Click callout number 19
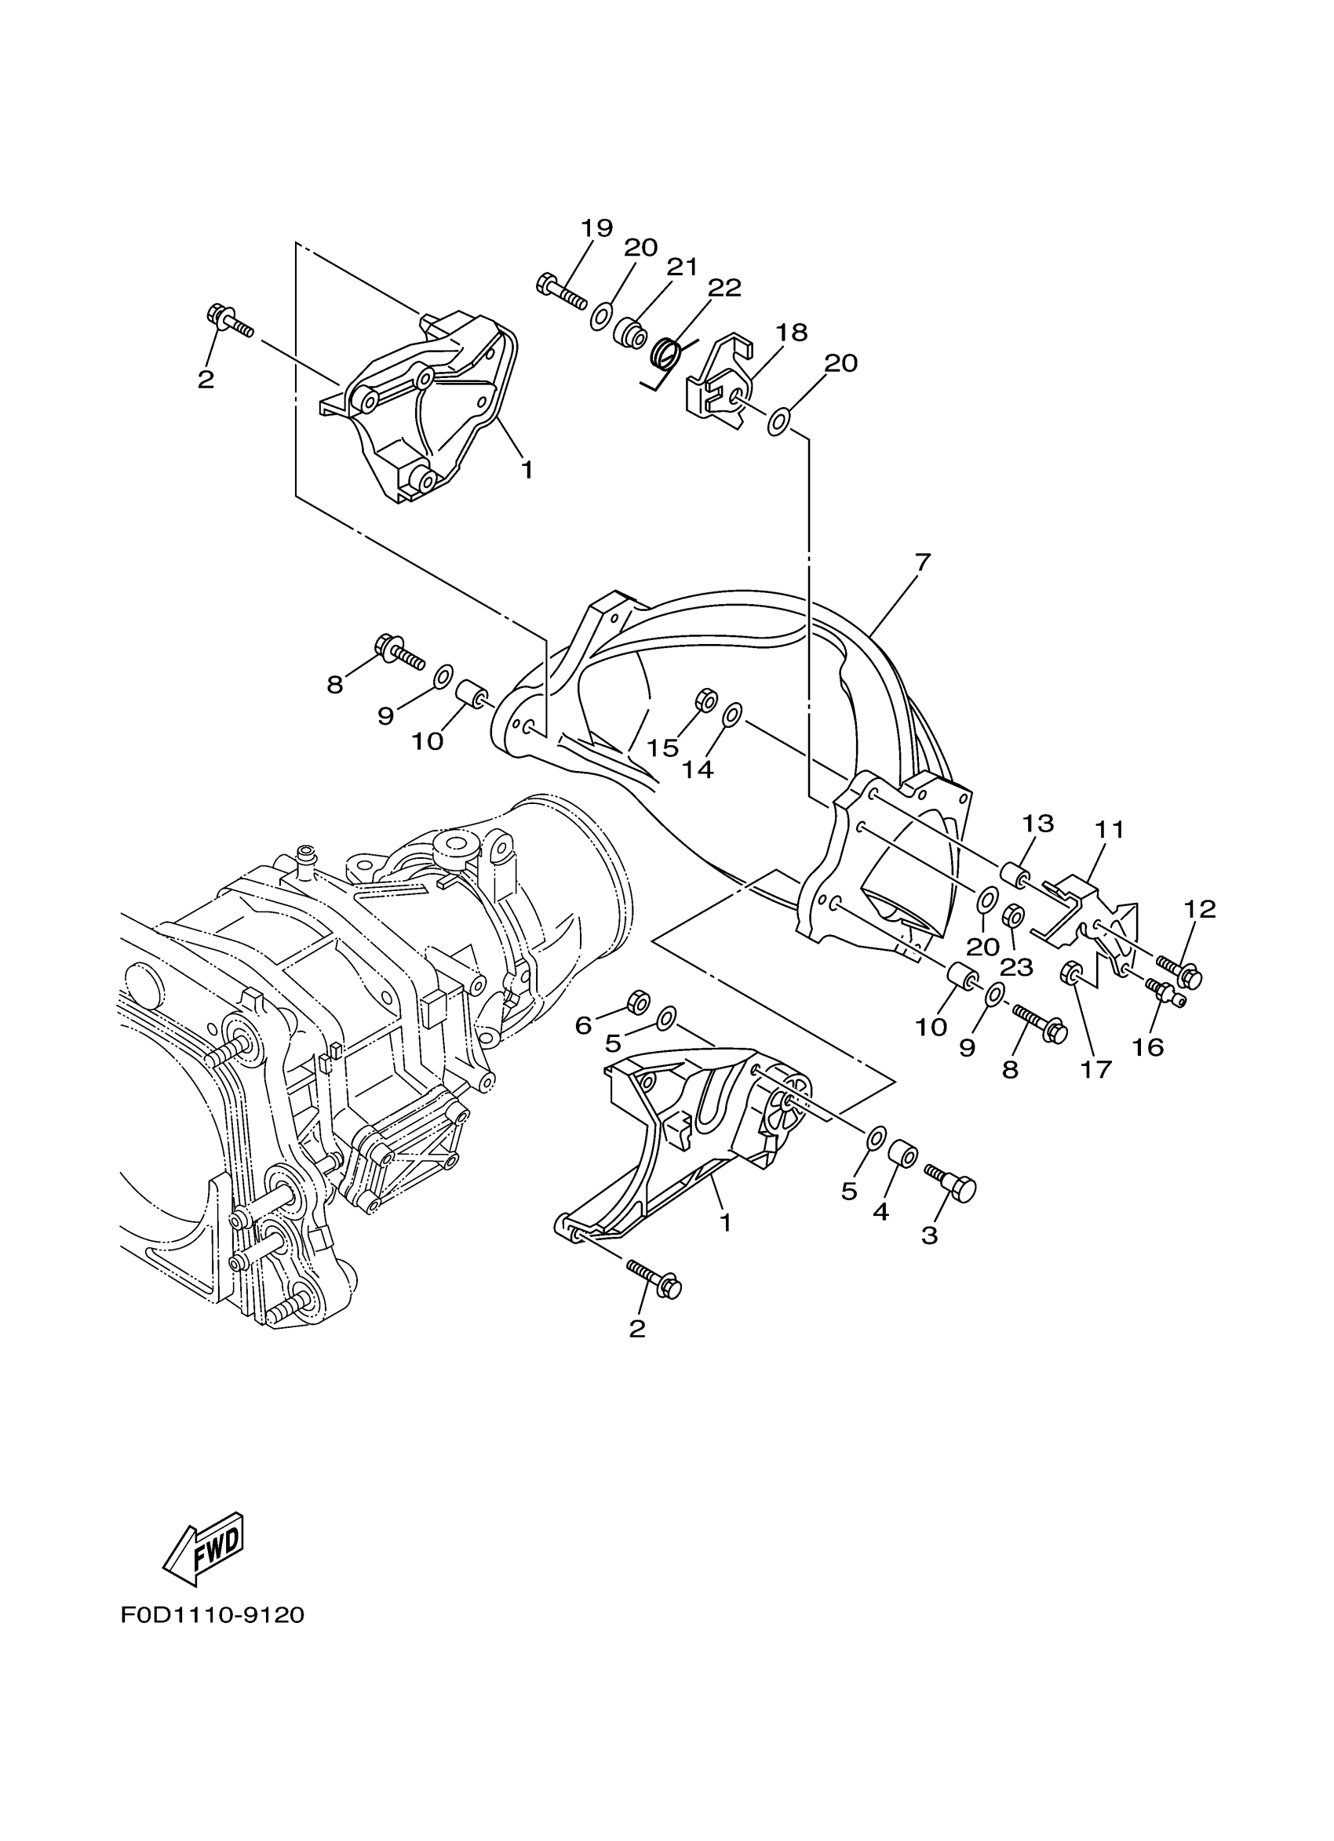pyautogui.click(x=596, y=228)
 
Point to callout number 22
pyautogui.click(x=724, y=288)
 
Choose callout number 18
pyautogui.click(x=791, y=333)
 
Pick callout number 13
pyautogui.click(x=1037, y=824)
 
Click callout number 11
pyautogui.click(x=1108, y=831)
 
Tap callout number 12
pyautogui.click(x=1200, y=909)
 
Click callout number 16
pyautogui.click(x=1149, y=1047)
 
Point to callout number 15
pyautogui.click(x=662, y=748)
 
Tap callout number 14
pyautogui.click(x=698, y=770)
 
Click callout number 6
pyautogui.click(x=583, y=1025)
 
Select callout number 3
pyautogui.click(x=930, y=1235)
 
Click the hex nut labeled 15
pyautogui.click(x=705, y=700)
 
